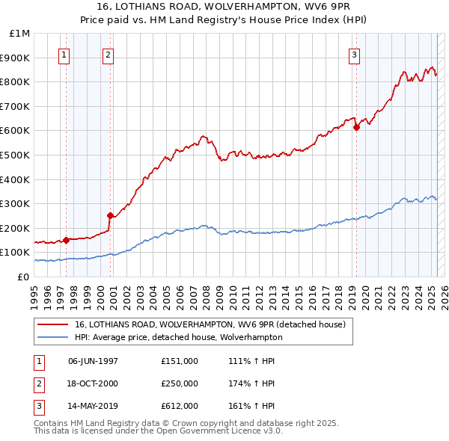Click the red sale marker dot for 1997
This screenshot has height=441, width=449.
[x=66, y=240]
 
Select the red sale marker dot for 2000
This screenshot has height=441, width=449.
[x=110, y=216]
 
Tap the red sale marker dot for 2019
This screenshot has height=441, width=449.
[x=356, y=127]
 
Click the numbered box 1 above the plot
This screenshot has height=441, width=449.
[x=64, y=54]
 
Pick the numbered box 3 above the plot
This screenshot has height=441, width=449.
[x=354, y=54]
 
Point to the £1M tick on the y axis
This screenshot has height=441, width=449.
[x=20, y=34]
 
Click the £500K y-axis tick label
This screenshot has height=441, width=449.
[x=16, y=155]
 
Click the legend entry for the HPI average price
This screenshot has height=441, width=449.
[x=178, y=337]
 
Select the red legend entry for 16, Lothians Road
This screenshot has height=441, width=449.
[x=210, y=324]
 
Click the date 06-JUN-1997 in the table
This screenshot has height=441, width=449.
[x=94, y=361]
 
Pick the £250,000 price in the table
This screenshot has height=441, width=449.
[x=180, y=383]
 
